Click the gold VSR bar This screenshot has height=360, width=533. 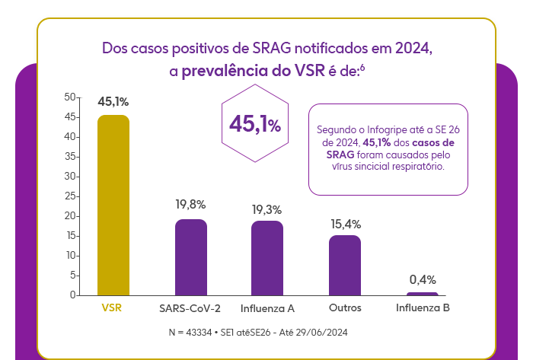(x=113, y=205)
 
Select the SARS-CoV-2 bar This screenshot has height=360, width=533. (x=191, y=256)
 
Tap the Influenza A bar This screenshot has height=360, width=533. (x=267, y=257)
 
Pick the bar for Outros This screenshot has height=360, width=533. (x=345, y=265)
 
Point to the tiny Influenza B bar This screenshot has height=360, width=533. (x=423, y=293)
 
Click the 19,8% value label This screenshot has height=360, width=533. (x=191, y=205)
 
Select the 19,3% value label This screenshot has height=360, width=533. (x=267, y=209)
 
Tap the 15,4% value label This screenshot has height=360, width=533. (x=345, y=224)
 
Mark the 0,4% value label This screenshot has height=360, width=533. (x=423, y=279)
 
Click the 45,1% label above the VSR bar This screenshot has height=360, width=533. (x=113, y=101)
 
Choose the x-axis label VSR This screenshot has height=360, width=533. (x=112, y=308)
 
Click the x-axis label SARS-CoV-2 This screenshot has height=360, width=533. (x=190, y=308)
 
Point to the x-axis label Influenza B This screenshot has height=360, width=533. (x=423, y=308)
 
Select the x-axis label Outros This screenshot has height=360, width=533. (x=345, y=308)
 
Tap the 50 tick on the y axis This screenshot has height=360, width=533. (x=70, y=97)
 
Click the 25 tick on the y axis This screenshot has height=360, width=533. (x=70, y=196)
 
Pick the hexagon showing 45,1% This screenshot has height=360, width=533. (x=255, y=125)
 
